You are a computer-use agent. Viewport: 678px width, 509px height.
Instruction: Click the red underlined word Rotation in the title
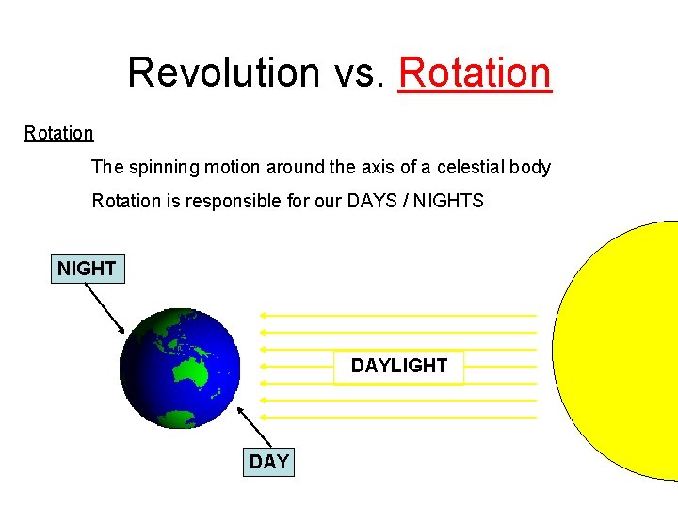(x=475, y=72)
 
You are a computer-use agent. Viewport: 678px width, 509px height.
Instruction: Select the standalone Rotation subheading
(x=58, y=133)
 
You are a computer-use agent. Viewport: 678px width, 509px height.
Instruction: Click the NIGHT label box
(x=87, y=269)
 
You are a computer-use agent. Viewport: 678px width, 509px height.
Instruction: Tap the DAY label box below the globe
(x=269, y=462)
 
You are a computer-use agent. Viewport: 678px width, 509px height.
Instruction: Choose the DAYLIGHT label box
(x=399, y=366)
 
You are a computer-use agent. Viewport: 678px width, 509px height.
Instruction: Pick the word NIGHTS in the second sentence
(x=450, y=201)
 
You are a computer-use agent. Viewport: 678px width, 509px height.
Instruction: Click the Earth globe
(x=180, y=369)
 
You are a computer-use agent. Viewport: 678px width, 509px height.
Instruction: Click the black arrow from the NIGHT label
(x=105, y=307)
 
